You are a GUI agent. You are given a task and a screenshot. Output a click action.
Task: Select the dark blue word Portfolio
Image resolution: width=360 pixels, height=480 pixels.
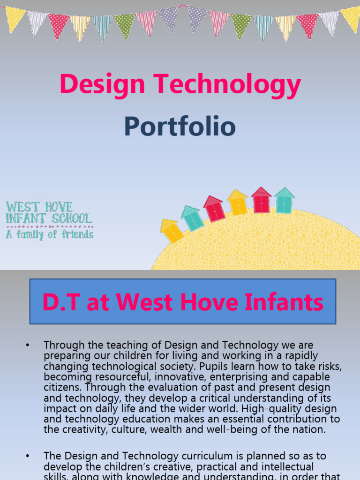[x=180, y=127]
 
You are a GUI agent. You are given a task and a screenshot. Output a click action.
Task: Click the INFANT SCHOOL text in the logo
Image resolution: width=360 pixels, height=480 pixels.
[x=49, y=218]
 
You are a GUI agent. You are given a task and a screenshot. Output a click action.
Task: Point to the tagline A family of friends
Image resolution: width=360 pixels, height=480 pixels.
[x=49, y=234]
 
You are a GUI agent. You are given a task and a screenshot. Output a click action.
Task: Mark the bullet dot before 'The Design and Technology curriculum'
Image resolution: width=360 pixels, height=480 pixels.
[x=28, y=456]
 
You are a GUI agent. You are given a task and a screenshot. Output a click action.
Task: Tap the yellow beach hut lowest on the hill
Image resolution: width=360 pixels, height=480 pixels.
[x=172, y=231]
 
